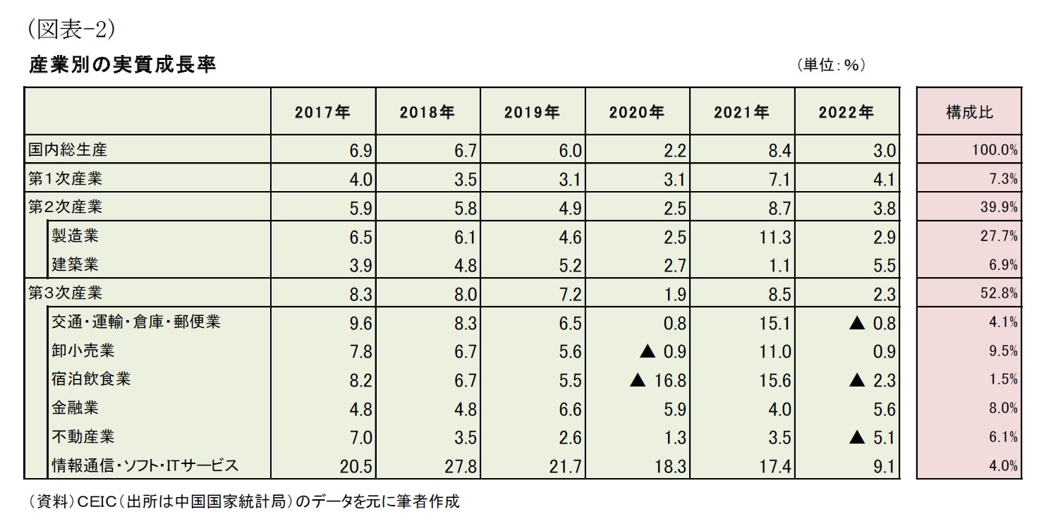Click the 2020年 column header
tap(637, 112)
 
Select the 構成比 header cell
tap(969, 112)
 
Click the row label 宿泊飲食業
tap(91, 379)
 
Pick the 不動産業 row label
tap(83, 437)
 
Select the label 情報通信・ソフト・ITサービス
tap(145, 465)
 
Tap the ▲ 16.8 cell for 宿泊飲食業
tap(657, 381)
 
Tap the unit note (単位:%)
tap(832, 65)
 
